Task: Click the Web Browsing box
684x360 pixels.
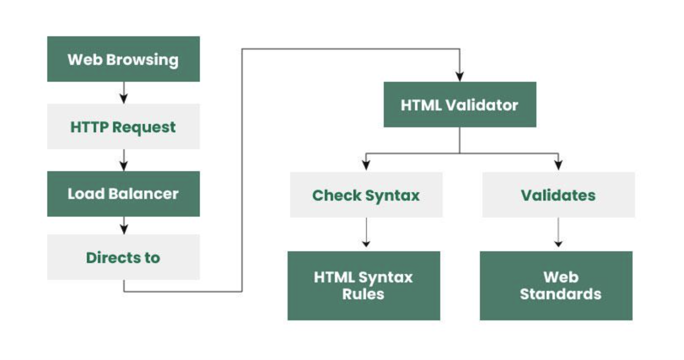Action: coord(123,59)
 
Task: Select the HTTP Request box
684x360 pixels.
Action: coord(123,126)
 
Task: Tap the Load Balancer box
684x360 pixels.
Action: coord(123,194)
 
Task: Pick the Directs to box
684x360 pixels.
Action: coord(123,257)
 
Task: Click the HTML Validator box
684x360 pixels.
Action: coord(460,105)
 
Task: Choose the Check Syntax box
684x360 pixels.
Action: coord(366,195)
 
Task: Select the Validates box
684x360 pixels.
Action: coord(558,195)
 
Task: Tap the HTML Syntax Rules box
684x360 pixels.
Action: coord(364,286)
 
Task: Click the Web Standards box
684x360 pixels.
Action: coord(556,286)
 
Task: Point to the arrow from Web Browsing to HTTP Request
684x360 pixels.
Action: coord(124,93)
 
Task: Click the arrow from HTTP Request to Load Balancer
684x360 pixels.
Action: coord(124,160)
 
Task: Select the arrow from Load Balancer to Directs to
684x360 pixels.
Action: coord(124,226)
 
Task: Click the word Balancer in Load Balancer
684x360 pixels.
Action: coord(143,194)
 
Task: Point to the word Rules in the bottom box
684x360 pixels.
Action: coord(363,294)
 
